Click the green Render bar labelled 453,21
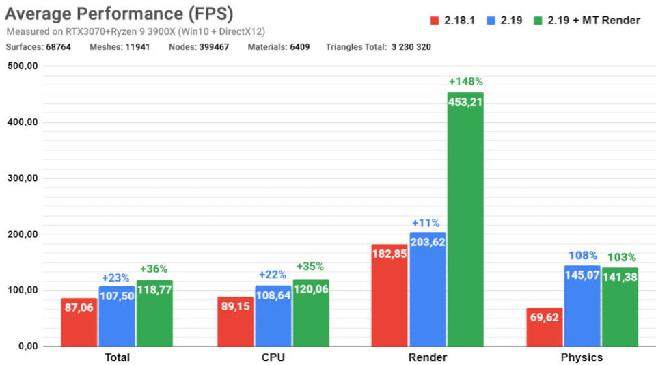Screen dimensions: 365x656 pyautogui.click(x=465, y=219)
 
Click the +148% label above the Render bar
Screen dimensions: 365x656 pyautogui.click(x=465, y=82)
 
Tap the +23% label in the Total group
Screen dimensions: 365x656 pyautogui.click(x=115, y=278)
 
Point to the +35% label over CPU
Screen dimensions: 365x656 pyautogui.click(x=310, y=267)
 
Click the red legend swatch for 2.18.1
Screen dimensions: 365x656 pyautogui.click(x=434, y=21)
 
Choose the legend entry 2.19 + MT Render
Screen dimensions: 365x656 pyautogui.click(x=598, y=21)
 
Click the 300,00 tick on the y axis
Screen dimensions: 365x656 pyautogui.click(x=23, y=178)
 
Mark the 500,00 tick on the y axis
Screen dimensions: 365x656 pyautogui.click(x=23, y=66)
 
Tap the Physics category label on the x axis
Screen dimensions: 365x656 pyautogui.click(x=582, y=357)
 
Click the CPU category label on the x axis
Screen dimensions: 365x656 pyautogui.click(x=273, y=357)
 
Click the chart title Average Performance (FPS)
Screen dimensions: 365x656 pyautogui.click(x=120, y=14)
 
